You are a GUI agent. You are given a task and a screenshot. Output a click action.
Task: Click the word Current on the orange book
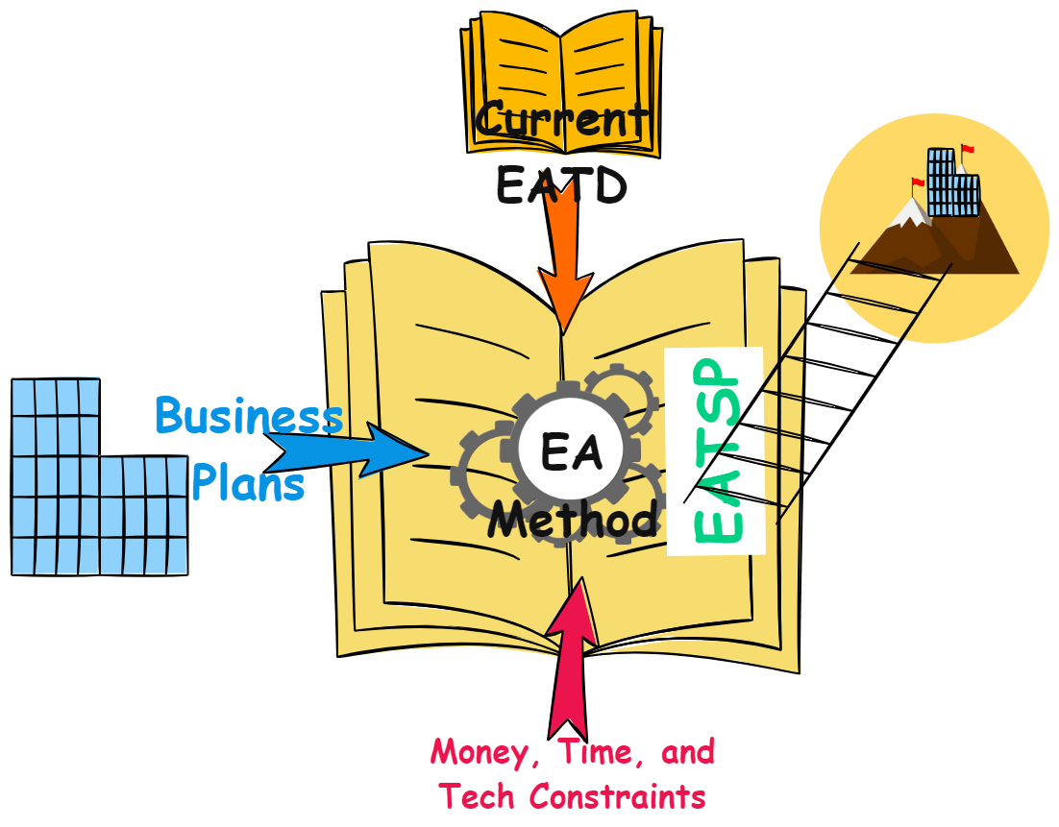pos(562,121)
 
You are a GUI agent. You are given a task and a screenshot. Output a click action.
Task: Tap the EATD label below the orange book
pos(561,185)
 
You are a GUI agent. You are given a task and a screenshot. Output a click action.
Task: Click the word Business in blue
pos(249,417)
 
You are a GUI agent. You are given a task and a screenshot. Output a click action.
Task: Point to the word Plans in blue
pos(248,483)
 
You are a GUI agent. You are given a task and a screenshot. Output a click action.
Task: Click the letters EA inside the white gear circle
pos(571,451)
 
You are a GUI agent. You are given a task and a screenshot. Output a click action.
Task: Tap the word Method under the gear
pos(574,520)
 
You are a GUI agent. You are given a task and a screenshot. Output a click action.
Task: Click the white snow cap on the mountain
pos(909,213)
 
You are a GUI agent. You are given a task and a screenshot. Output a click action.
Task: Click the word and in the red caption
pos(688,751)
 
